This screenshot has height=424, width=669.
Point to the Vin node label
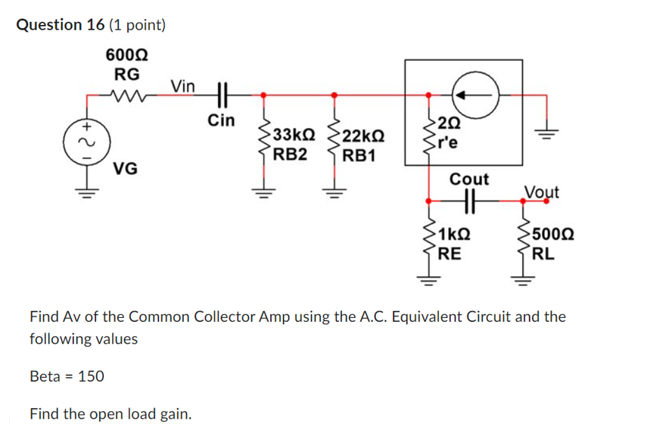pyautogui.click(x=183, y=86)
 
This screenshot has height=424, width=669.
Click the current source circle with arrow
pyautogui.click(x=473, y=95)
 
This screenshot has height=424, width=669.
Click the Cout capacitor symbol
pyautogui.click(x=469, y=201)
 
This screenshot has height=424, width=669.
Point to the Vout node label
pyautogui.click(x=541, y=192)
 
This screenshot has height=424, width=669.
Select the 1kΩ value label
pyautogui.click(x=455, y=235)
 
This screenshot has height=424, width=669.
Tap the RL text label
pyautogui.click(x=543, y=254)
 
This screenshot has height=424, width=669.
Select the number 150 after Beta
pyautogui.click(x=92, y=376)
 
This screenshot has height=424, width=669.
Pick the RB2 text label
pyautogui.click(x=291, y=155)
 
